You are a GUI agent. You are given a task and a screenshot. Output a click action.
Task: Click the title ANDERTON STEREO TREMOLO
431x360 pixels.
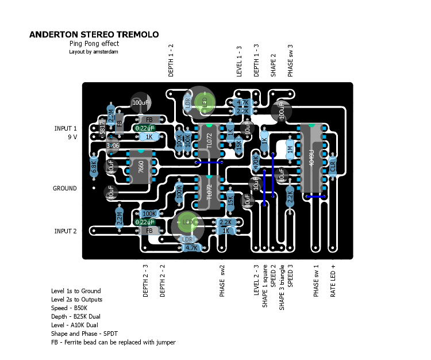[94, 35]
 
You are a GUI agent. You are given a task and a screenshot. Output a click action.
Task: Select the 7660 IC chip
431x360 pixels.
[141, 167]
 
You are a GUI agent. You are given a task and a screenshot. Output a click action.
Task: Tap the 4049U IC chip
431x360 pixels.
[311, 158]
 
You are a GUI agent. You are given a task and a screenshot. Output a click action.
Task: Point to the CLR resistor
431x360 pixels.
[332, 167]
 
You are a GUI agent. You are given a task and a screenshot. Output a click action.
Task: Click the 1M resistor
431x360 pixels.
[290, 149]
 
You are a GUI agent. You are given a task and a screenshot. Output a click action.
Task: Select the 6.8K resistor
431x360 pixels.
[94, 167]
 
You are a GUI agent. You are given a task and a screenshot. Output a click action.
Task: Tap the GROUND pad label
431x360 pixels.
[65, 189]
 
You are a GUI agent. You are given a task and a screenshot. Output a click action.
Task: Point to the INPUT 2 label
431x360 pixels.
[65, 231]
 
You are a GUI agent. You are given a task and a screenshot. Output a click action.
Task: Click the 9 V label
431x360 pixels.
[72, 137]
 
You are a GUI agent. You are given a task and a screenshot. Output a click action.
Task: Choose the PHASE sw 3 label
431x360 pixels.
[290, 60]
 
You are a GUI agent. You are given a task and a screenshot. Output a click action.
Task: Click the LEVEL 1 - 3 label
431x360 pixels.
[240, 60]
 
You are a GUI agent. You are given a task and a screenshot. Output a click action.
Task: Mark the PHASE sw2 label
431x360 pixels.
[222, 281]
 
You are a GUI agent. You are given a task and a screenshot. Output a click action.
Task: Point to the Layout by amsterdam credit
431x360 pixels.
[94, 52]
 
